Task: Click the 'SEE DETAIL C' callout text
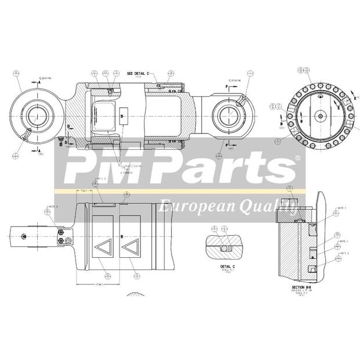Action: pos(138,74)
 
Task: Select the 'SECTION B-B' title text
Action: pos(303,287)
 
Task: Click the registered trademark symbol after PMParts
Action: pos(298,158)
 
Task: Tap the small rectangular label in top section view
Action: pos(123,115)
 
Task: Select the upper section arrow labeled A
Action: pos(39,83)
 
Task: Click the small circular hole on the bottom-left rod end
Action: pos(24,236)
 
